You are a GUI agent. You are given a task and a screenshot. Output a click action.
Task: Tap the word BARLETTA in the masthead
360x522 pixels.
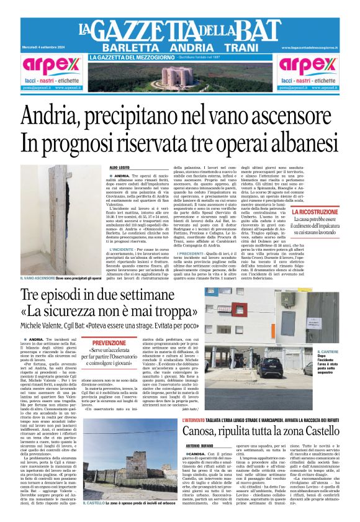pyautogui.click(x=128, y=48)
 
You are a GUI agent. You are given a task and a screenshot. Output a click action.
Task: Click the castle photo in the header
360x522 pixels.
pyautogui.click(x=181, y=77)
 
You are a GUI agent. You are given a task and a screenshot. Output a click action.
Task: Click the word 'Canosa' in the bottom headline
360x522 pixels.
pyautogui.click(x=204, y=415)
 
